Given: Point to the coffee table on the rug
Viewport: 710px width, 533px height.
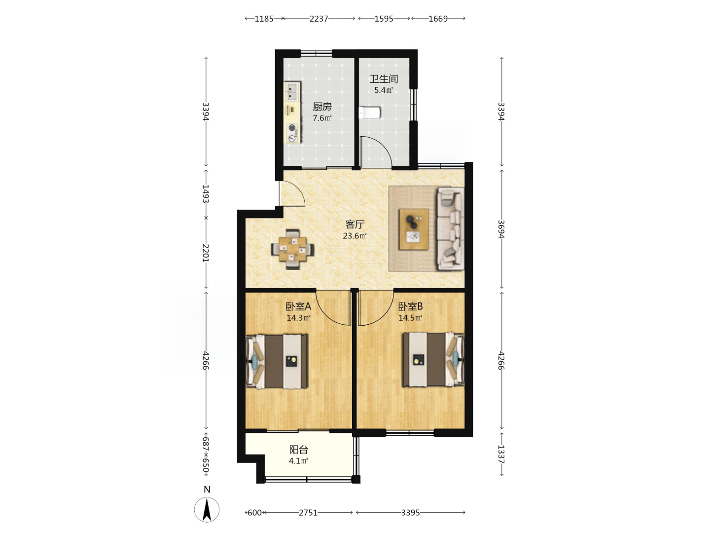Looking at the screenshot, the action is pyautogui.click(x=414, y=229).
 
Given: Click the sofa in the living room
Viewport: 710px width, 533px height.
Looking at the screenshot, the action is pyautogui.click(x=451, y=229).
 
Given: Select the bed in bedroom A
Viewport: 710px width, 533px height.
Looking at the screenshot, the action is pyautogui.click(x=277, y=361).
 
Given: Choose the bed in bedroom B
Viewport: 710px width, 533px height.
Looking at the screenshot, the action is pyautogui.click(x=433, y=360).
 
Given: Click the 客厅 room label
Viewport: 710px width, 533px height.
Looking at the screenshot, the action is pyautogui.click(x=355, y=224).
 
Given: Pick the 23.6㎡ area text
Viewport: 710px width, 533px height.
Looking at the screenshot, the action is pyautogui.click(x=355, y=235).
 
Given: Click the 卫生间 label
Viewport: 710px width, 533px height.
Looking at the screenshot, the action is pyautogui.click(x=384, y=78).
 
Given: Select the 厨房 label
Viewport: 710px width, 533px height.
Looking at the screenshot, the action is pyautogui.click(x=322, y=107).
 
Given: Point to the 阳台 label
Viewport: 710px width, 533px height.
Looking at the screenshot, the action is pyautogui.click(x=299, y=450).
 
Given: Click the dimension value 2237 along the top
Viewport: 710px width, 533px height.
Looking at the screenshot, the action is pyautogui.click(x=319, y=19).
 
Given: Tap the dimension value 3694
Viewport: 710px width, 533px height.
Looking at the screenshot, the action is pyautogui.click(x=501, y=229).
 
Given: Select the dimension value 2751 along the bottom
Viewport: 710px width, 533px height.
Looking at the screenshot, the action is pyautogui.click(x=308, y=513).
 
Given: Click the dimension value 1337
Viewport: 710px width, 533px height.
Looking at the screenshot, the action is pyautogui.click(x=501, y=455).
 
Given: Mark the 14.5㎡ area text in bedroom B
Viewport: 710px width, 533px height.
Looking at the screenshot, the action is pyautogui.click(x=410, y=318).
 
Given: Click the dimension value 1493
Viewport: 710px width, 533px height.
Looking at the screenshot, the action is pyautogui.click(x=206, y=194).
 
